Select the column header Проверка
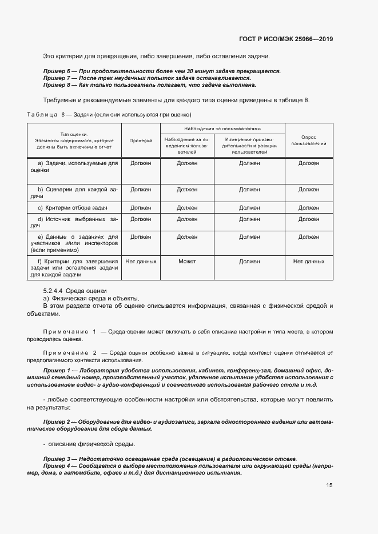[x=140, y=140]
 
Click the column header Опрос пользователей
[x=308, y=140]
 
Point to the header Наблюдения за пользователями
[x=222, y=129]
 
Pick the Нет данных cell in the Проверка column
[x=140, y=262]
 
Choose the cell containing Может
[x=186, y=262]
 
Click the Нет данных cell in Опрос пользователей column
[x=308, y=262]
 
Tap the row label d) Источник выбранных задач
[x=74, y=222]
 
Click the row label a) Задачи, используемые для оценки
[x=74, y=167]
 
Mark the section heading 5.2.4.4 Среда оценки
[x=74, y=291]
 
